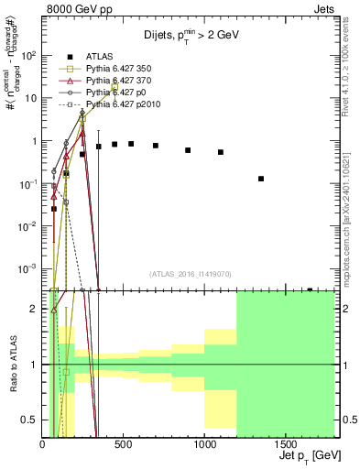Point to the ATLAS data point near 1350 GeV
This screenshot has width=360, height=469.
click(261, 179)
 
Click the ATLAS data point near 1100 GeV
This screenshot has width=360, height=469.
click(221, 152)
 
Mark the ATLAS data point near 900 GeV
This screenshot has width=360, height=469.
click(188, 149)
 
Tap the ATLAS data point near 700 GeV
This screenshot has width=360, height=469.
click(156, 146)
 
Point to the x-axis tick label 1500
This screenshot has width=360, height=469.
click(286, 446)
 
